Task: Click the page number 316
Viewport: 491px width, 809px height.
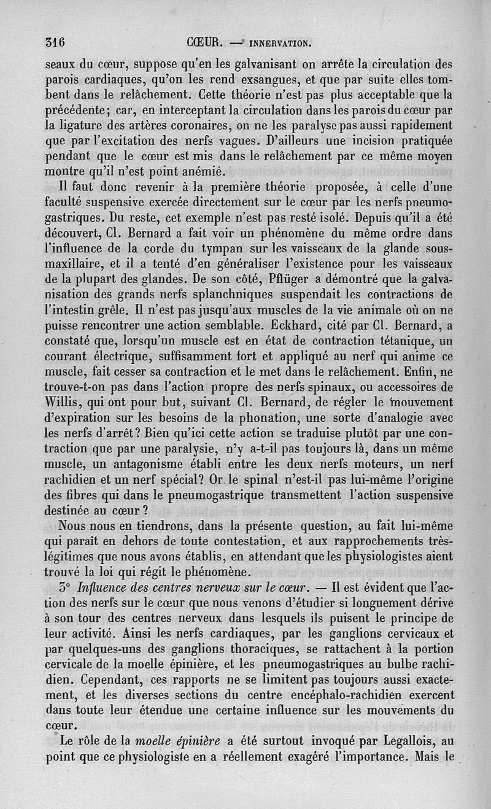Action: (x=55, y=43)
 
